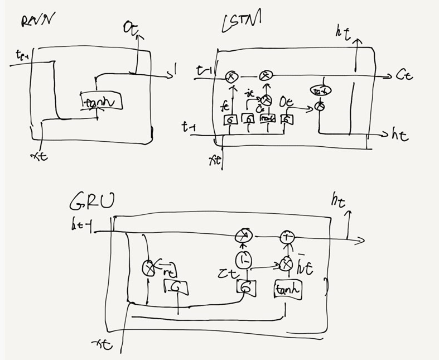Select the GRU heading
[92, 201]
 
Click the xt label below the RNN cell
[40, 156]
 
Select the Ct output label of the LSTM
[404, 76]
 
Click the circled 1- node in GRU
[243, 260]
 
